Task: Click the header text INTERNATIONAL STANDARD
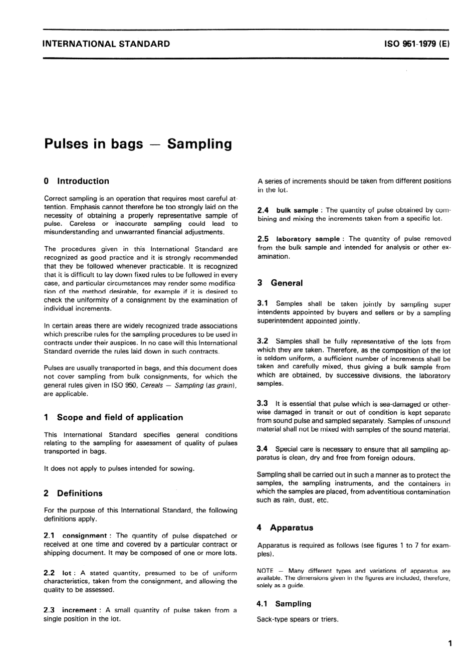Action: [x=107, y=44]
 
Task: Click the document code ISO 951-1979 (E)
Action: [x=417, y=44]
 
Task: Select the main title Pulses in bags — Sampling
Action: [x=138, y=144]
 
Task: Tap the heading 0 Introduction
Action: [x=77, y=181]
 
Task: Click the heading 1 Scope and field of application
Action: [x=114, y=417]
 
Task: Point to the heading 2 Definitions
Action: [x=73, y=493]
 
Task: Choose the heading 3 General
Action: [x=280, y=283]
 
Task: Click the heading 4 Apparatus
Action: [x=285, y=528]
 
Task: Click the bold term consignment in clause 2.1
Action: [x=84, y=536]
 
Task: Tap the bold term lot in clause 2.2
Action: [x=67, y=573]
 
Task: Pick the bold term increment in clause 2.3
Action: [x=79, y=610]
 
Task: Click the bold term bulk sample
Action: [x=297, y=210]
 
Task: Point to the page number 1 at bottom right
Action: [x=449, y=643]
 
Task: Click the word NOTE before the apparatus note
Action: [x=265, y=571]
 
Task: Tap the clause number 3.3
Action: [x=262, y=403]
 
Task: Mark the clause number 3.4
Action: [x=262, y=449]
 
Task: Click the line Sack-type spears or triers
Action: [x=298, y=619]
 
